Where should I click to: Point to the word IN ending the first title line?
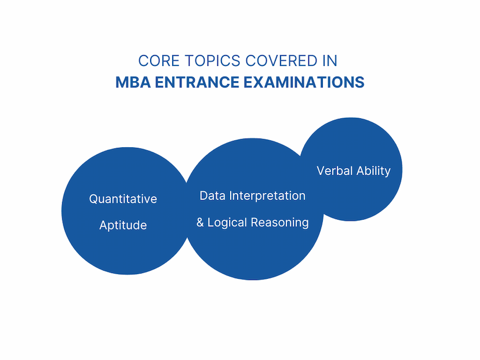(x=330, y=61)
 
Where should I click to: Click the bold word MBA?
(x=133, y=82)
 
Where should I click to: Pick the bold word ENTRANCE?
(x=197, y=82)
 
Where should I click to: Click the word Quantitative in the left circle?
(x=123, y=199)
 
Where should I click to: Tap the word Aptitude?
(x=123, y=226)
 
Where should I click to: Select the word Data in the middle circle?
(x=212, y=195)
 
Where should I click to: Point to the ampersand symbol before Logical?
(x=200, y=222)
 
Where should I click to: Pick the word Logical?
(x=227, y=223)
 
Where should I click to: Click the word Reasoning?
(x=280, y=223)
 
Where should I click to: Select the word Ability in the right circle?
(x=373, y=171)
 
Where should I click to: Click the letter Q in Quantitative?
(x=93, y=199)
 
